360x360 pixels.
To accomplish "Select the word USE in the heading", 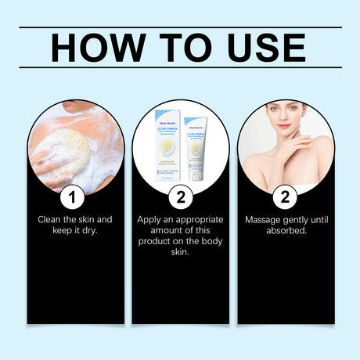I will tap(260, 48).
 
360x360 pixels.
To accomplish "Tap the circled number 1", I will tap(76, 196).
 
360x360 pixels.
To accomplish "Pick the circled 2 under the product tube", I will tap(180, 196).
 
